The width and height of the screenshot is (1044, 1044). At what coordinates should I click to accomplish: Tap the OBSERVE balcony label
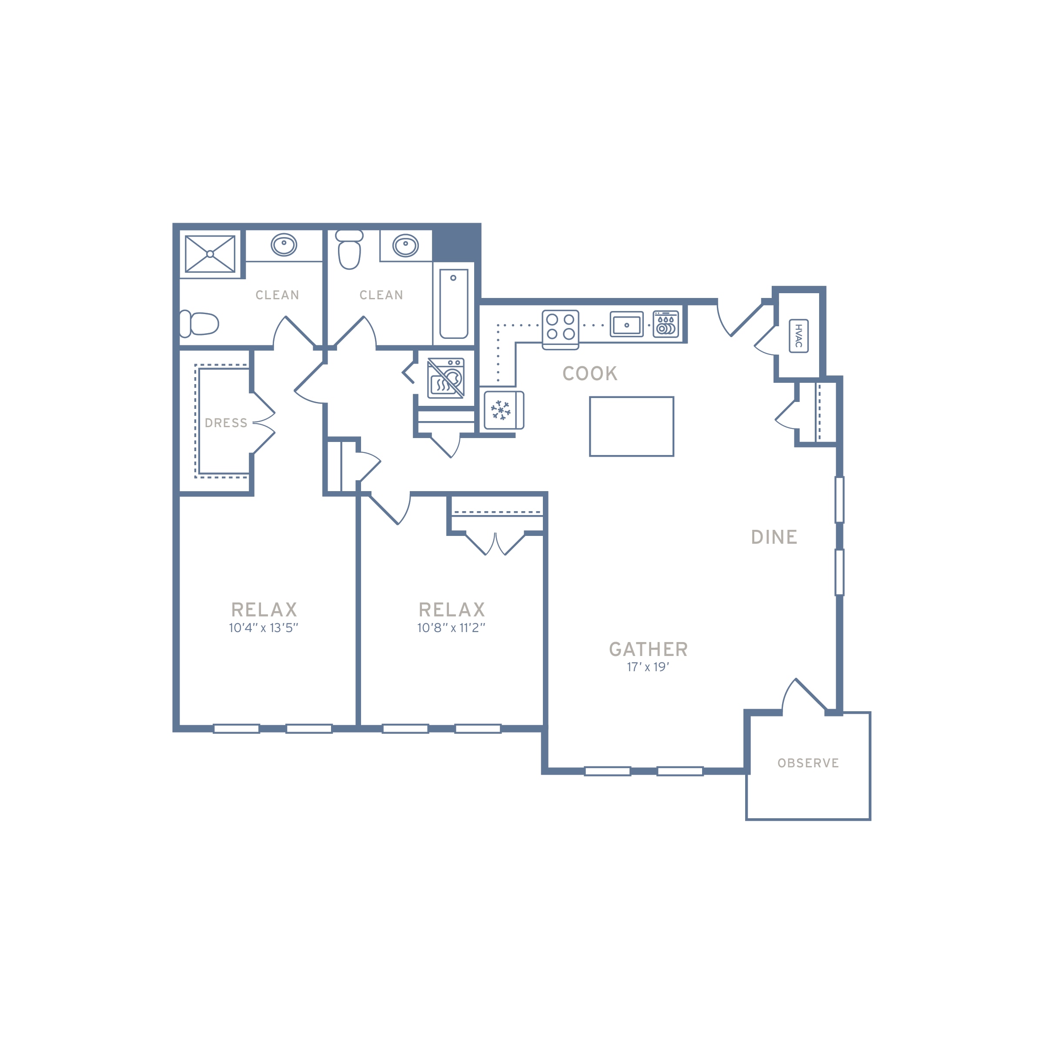click(x=808, y=763)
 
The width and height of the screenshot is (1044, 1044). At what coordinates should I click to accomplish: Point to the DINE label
click(x=774, y=537)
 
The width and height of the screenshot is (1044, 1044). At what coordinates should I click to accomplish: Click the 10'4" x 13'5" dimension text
click(x=263, y=627)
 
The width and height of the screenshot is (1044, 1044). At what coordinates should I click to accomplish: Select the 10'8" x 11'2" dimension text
click(x=451, y=627)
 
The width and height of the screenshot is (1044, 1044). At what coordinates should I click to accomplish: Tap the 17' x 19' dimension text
click(x=648, y=667)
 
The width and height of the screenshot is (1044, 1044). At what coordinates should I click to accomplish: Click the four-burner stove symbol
click(x=560, y=330)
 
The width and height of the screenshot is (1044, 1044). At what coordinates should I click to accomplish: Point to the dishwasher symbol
click(x=666, y=324)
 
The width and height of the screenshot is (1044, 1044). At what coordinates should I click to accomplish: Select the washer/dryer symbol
click(x=446, y=378)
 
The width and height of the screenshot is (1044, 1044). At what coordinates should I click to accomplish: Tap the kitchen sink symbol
click(x=627, y=324)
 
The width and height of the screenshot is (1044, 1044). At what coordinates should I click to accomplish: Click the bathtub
click(x=453, y=304)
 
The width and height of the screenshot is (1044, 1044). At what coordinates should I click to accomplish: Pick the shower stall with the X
click(x=210, y=254)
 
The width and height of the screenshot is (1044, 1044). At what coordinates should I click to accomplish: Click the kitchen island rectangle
click(x=632, y=426)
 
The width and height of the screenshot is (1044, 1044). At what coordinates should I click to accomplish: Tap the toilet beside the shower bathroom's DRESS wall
click(x=199, y=324)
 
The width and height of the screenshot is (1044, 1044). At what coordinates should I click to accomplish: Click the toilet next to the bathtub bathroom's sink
click(x=349, y=249)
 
